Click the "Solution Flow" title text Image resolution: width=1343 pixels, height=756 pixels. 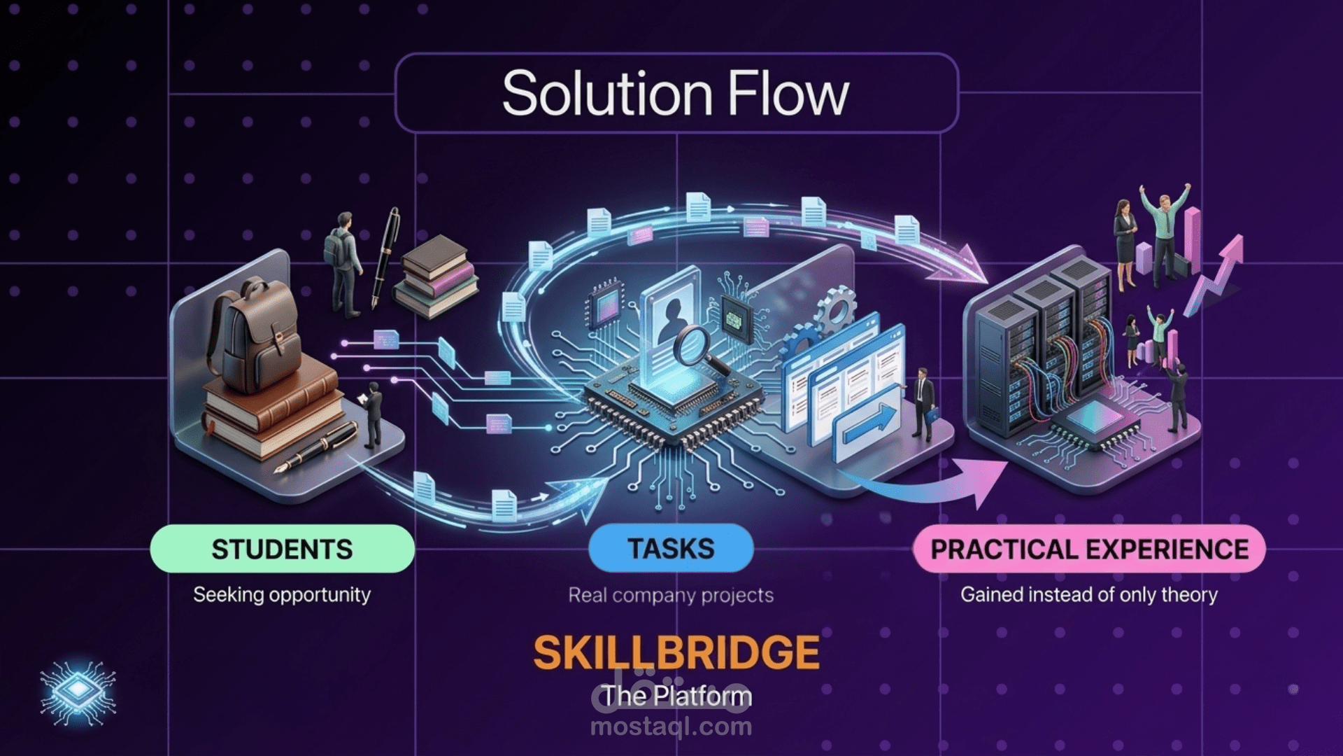pyautogui.click(x=676, y=93)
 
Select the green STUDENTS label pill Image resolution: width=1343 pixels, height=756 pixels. pyautogui.click(x=283, y=549)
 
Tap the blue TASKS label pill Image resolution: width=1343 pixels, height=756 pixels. pyautogui.click(x=671, y=548)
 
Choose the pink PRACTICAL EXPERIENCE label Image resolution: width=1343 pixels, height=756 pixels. pyautogui.click(x=1089, y=549)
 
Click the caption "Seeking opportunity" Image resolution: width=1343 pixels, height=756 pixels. pyautogui.click(x=282, y=594)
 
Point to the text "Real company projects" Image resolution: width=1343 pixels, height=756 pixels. pyautogui.click(x=671, y=595)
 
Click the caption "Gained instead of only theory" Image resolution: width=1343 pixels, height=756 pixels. pyautogui.click(x=1089, y=594)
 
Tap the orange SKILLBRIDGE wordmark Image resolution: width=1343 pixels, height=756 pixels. pyautogui.click(x=676, y=652)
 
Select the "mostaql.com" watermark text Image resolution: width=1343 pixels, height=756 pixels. pyautogui.click(x=671, y=727)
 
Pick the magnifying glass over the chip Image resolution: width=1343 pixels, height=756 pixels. pyautogui.click(x=698, y=351)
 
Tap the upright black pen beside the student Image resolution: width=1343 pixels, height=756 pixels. pyautogui.click(x=385, y=257)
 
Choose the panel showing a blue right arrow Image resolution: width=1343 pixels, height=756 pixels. pyautogui.click(x=867, y=423)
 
